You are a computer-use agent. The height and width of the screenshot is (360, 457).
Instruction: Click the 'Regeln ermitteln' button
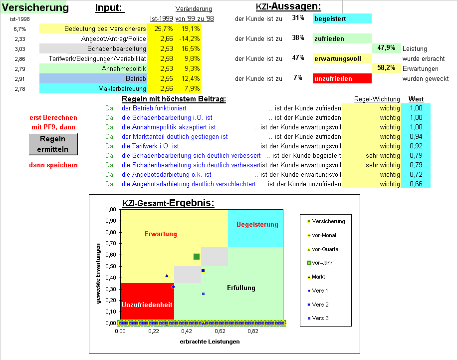pos(53,144)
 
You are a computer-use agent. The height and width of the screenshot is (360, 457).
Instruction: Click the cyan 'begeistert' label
pos(342,19)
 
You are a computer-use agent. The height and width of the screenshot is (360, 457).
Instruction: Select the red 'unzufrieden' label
pos(342,78)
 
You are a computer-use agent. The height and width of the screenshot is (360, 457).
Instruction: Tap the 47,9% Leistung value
pos(386,48)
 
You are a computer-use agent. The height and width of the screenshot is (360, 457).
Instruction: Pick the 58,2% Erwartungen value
pos(386,68)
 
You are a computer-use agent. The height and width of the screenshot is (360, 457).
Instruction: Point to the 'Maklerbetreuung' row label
pos(122,88)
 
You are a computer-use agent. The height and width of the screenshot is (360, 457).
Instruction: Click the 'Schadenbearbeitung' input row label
pos(116,48)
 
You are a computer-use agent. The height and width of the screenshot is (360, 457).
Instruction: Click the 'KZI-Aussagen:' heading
pos(288,7)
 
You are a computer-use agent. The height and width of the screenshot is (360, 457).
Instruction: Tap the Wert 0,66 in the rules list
pos(415,184)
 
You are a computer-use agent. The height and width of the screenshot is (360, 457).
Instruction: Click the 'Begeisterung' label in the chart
pos(257,225)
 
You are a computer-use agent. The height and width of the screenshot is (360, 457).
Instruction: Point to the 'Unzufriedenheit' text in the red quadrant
pos(147,304)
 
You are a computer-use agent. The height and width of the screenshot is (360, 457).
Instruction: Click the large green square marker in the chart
pos(197,257)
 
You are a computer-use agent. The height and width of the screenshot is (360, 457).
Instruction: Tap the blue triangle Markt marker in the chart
pos(167,276)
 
